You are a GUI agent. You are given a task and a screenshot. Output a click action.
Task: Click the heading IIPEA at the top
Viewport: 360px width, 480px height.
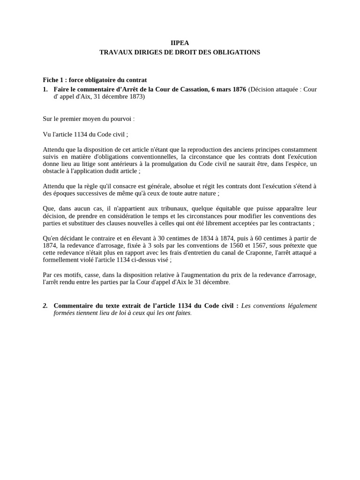[180, 43]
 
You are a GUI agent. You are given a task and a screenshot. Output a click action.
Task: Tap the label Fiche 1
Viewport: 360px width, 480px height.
[52, 80]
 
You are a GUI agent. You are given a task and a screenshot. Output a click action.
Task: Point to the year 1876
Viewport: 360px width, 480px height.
[237, 89]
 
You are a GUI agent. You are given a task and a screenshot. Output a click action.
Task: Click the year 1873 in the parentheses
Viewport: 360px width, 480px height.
[135, 97]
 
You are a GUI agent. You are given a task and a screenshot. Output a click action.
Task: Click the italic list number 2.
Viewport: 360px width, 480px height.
[45, 306]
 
